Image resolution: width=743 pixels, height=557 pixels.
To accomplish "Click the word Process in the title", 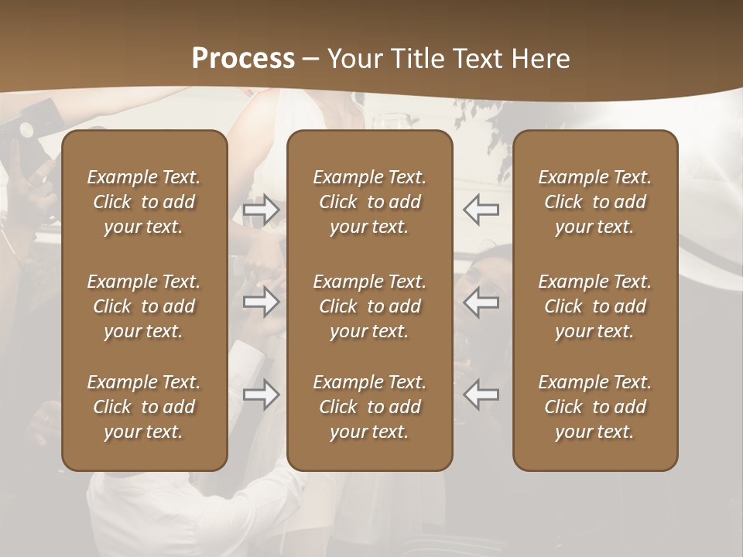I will [243, 59].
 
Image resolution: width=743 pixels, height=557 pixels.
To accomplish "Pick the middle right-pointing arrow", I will [262, 302].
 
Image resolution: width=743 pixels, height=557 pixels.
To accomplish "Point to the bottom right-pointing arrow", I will [262, 395].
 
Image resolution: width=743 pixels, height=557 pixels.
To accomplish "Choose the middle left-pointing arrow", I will [481, 302].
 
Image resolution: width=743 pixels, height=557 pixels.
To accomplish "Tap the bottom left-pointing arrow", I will [481, 395].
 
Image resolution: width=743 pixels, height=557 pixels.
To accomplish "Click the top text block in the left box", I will [144, 202].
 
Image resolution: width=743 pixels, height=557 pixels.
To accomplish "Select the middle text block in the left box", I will [144, 306].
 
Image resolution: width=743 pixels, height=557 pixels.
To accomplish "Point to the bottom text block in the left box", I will [144, 407].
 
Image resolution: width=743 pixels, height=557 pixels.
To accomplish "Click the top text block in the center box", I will [369, 202].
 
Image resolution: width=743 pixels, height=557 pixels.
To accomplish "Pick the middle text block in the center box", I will [369, 306].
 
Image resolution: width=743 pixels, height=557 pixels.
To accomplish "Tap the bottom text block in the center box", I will [369, 407].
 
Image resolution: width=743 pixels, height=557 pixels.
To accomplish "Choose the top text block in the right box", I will [594, 202].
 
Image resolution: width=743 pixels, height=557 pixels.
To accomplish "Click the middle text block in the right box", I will [594, 306].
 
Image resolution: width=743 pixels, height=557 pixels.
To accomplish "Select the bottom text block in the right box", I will [594, 407].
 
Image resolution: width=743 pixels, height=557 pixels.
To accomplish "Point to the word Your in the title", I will [353, 59].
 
